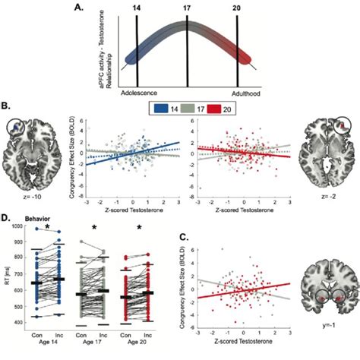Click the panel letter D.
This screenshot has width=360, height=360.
tap(5, 219)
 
